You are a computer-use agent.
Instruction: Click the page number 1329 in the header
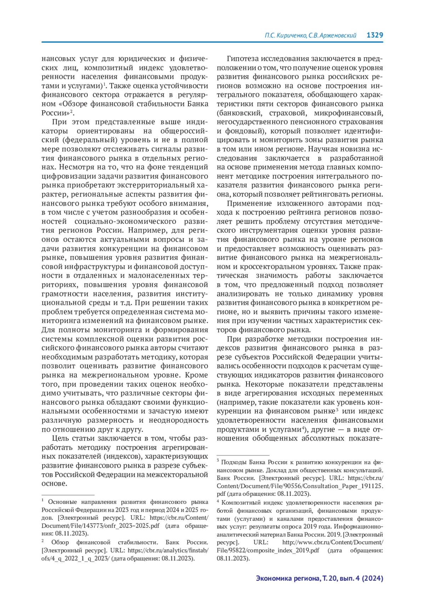pos(375,35)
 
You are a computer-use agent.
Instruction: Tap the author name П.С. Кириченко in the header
pos(286,35)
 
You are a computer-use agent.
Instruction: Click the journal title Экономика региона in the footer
pos(287,578)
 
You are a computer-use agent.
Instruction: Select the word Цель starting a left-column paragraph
pos(61,438)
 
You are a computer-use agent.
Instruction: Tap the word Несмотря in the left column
pos(76,167)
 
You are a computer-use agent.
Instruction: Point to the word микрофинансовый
pos(348,113)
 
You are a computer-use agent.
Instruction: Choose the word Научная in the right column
pos(323,149)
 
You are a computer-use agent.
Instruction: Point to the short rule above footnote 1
pos(68,495)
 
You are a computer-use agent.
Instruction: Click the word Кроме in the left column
pos(197,375)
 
